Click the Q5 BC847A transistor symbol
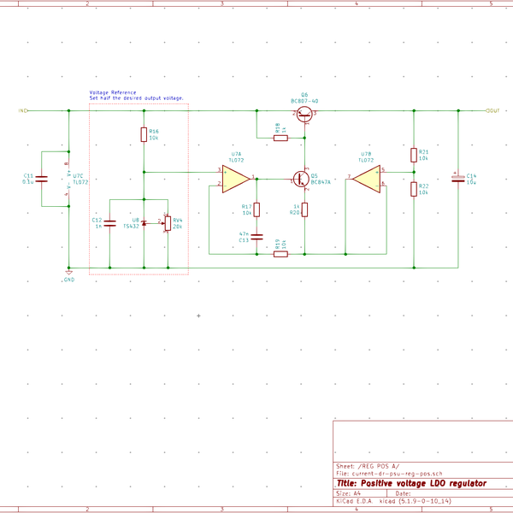[302, 180]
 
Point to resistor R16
[144, 134]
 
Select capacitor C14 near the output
[458, 179]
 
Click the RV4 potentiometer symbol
[168, 223]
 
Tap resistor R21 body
[414, 155]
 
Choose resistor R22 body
[414, 189]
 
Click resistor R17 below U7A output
[257, 209]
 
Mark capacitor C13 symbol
[257, 237]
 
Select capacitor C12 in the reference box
[110, 222]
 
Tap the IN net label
[22, 111]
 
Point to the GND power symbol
[68, 274]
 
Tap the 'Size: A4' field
[350, 493]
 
